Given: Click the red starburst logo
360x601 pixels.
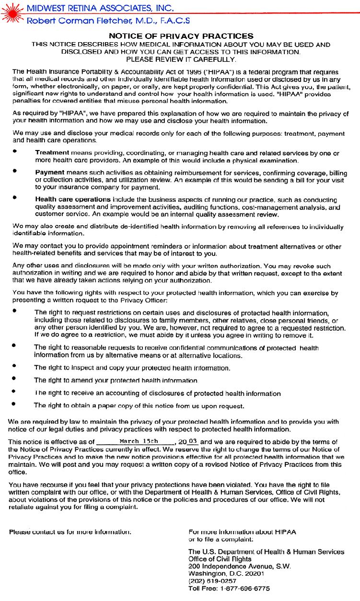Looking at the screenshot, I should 12,12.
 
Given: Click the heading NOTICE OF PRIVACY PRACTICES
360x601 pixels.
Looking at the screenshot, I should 181,36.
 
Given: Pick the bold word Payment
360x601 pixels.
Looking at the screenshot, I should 49,172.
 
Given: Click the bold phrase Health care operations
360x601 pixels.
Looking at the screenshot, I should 73,199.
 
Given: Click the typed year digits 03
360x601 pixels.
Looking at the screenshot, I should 193,441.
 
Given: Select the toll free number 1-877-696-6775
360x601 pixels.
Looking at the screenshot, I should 245,589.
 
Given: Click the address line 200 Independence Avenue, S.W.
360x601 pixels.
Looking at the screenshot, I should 239,566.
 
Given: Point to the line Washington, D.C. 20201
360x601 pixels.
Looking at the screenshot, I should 226,573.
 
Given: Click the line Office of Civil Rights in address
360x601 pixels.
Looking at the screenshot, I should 220,559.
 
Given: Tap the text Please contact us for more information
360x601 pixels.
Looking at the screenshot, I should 70,532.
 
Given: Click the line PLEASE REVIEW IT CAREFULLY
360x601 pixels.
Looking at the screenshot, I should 181,59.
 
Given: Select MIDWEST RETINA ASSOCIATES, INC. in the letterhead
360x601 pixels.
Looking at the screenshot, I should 100,8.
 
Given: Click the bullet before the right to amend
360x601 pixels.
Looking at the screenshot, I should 15,379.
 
